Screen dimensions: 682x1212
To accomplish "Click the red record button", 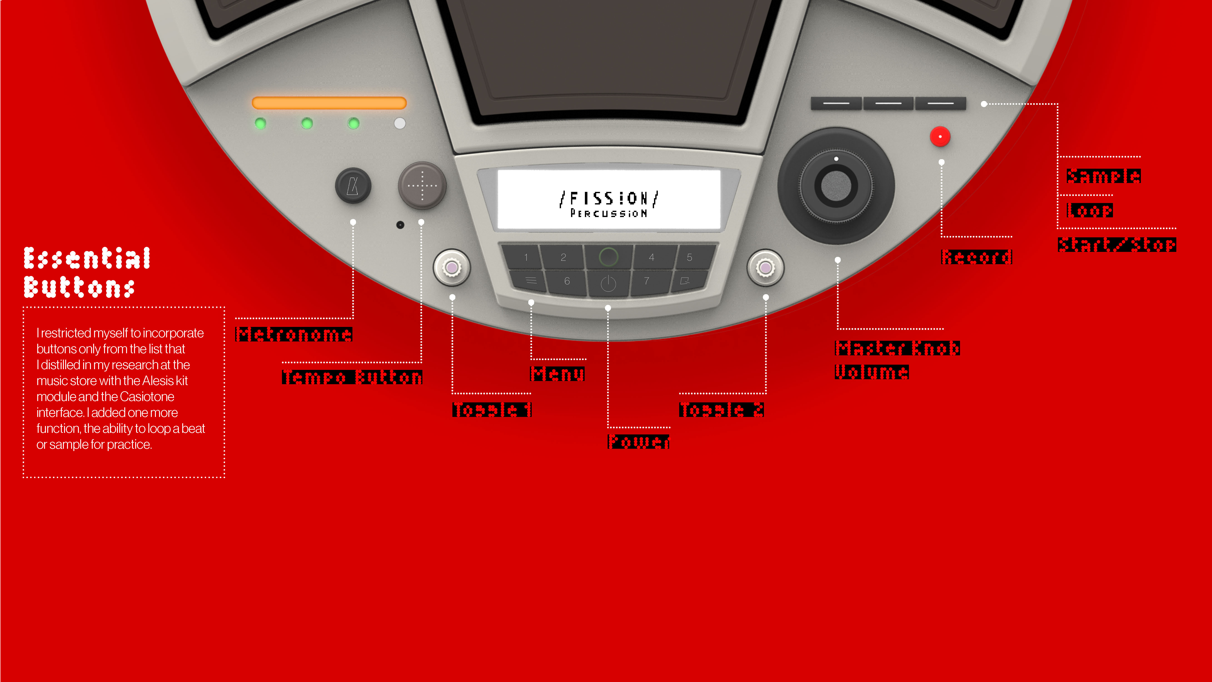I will pos(940,136).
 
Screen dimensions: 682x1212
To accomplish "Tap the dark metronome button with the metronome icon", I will pos(353,186).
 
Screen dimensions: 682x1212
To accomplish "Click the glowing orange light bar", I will pos(329,103).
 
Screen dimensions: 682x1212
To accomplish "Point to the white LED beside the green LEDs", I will pos(399,123).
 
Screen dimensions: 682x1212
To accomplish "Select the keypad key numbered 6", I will pos(567,281).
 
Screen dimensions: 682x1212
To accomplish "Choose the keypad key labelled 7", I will pos(647,281).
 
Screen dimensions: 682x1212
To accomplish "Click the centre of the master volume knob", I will pos(836,186).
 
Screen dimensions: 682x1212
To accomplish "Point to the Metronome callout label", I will pos(294,334).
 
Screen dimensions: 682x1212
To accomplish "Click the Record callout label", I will pos(976,257).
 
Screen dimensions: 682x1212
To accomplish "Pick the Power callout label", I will pos(638,441).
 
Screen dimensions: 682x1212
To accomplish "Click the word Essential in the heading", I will pos(87,258).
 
